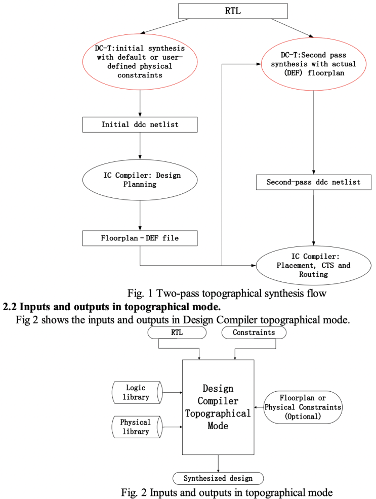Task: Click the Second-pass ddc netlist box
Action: tap(314, 182)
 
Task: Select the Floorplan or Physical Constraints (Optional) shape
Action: tap(303, 407)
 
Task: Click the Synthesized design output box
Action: tap(218, 478)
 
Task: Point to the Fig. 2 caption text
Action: tap(226, 492)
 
